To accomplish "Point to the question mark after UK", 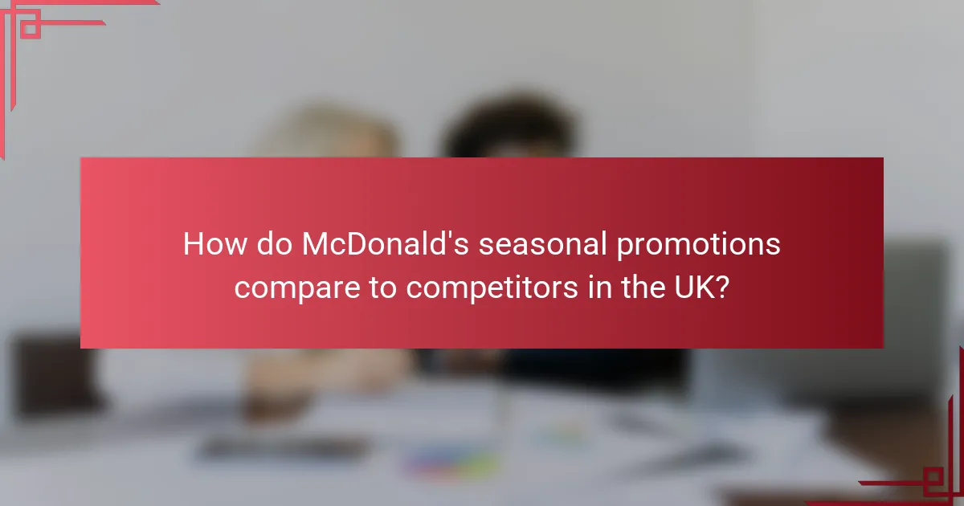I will [x=723, y=287].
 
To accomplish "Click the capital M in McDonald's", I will [x=315, y=245].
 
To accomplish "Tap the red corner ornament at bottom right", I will [x=932, y=478].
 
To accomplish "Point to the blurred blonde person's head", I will [x=337, y=137].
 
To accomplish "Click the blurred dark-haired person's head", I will [x=506, y=133].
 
